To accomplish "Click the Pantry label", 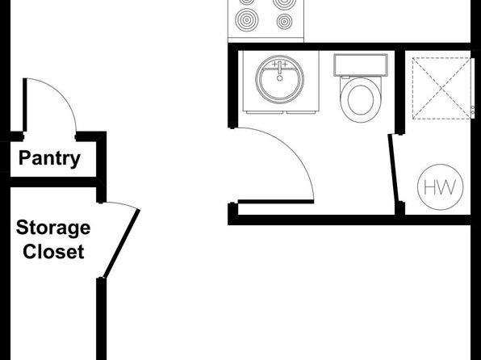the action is pyautogui.click(x=49, y=158).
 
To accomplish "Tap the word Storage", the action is pyautogui.click(x=53, y=228).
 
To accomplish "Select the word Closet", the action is pyautogui.click(x=53, y=252).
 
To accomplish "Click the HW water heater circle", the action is pyautogui.click(x=441, y=187).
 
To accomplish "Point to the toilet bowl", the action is pyautogui.click(x=361, y=99).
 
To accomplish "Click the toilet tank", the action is pyautogui.click(x=361, y=65).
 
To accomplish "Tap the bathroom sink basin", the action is pyautogui.click(x=279, y=79).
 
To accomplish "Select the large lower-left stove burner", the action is pyautogui.click(x=247, y=20).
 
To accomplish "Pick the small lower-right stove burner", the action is pyautogui.click(x=284, y=22).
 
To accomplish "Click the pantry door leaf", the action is pyautogui.click(x=25, y=105).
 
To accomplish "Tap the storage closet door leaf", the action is pyautogui.click(x=122, y=244).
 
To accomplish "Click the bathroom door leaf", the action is pyautogui.click(x=276, y=202).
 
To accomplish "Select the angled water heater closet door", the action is pyautogui.click(x=393, y=168).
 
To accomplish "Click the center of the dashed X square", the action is pyautogui.click(x=441, y=88).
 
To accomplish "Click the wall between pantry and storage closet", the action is pyautogui.click(x=53, y=182).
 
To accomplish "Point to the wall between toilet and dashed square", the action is pyautogui.click(x=399, y=91).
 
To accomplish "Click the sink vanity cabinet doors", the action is pyautogui.click(x=281, y=112).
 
